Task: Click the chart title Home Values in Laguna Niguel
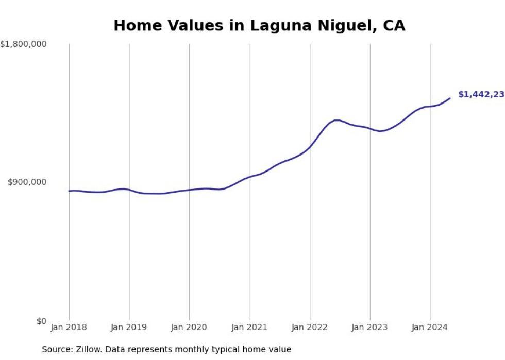[259, 26]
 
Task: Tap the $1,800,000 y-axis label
[24, 45]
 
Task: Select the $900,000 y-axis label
[27, 182]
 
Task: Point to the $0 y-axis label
[41, 321]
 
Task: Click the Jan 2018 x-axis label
[69, 327]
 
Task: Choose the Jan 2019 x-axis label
[129, 327]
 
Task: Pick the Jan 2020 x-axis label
[189, 327]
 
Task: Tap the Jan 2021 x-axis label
[250, 327]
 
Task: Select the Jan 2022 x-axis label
[310, 327]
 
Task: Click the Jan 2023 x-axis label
[370, 327]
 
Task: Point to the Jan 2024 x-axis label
[430, 327]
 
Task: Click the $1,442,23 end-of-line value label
[481, 95]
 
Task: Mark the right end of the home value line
[450, 98]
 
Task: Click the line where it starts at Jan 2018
[69, 191]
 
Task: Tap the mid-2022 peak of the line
[336, 120]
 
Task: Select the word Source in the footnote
[56, 349]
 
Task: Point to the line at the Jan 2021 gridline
[250, 177]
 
